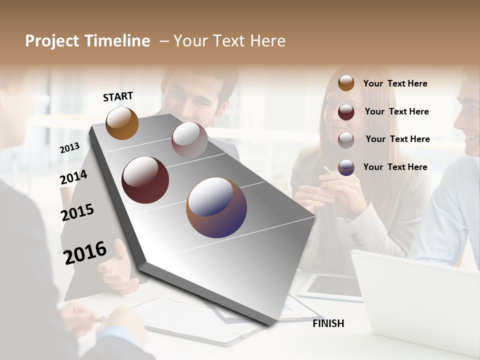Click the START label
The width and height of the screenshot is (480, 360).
click(x=118, y=96)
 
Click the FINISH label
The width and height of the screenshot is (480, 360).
click(x=328, y=323)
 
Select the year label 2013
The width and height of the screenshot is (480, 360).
click(x=69, y=148)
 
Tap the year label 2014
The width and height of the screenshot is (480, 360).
click(x=73, y=177)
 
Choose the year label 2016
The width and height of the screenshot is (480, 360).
click(x=85, y=252)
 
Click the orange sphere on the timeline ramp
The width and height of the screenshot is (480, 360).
click(x=122, y=123)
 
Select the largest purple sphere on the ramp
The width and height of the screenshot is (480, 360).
click(x=216, y=207)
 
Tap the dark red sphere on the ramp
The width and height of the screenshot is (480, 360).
click(x=145, y=180)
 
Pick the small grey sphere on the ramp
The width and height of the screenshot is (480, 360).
click(x=189, y=139)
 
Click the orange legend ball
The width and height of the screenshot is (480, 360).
click(x=346, y=83)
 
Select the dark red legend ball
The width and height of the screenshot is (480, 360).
click(x=346, y=111)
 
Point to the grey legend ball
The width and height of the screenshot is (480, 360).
click(x=346, y=139)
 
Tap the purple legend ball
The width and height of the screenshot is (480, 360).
click(x=346, y=167)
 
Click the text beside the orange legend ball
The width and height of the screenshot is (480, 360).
click(x=395, y=83)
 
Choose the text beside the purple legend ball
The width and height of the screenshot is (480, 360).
click(x=395, y=167)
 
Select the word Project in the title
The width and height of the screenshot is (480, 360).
click(x=52, y=41)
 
